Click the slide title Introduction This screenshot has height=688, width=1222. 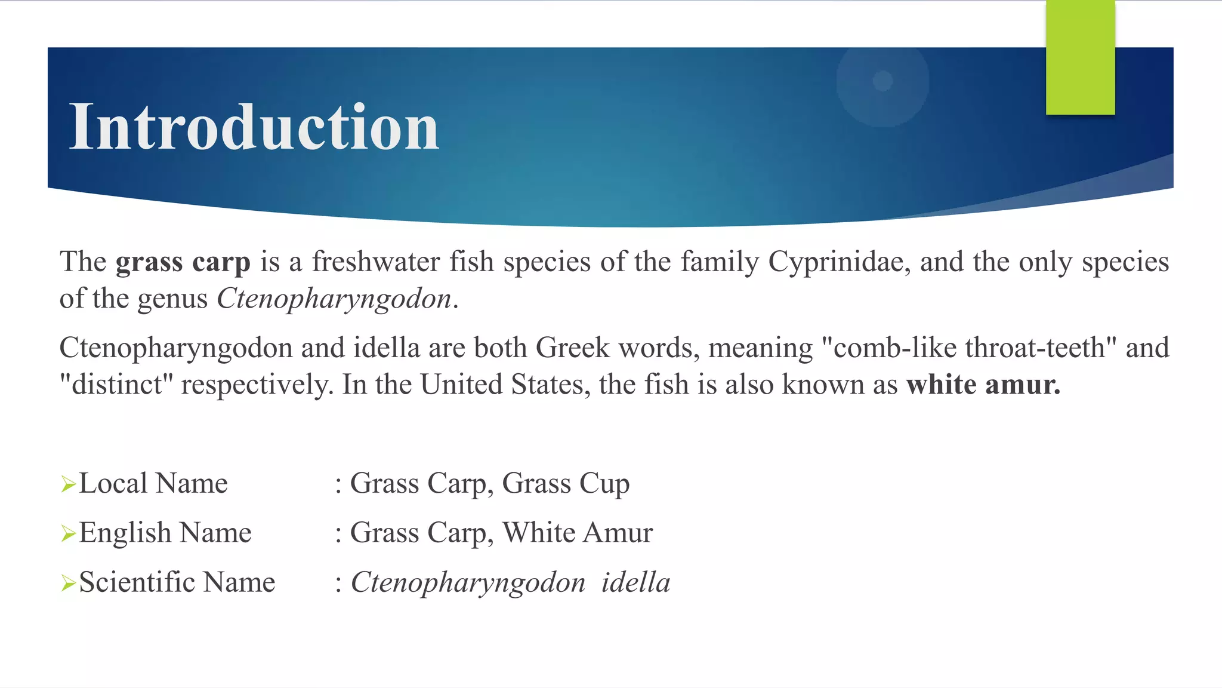[254, 127]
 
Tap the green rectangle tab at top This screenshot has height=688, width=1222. [1080, 57]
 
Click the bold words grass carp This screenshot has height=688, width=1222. [183, 262]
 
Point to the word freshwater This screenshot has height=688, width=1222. [376, 262]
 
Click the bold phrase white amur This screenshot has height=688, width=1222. [983, 385]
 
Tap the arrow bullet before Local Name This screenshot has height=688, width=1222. [68, 484]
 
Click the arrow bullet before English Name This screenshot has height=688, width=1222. [68, 533]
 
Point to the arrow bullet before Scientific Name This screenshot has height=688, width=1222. [68, 583]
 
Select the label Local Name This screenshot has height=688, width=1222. [153, 483]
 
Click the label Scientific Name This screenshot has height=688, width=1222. [177, 582]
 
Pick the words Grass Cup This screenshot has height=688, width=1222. [566, 484]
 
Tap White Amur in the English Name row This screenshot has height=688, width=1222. [577, 533]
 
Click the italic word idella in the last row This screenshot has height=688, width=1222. [635, 582]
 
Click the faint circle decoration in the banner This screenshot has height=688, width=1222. [882, 81]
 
